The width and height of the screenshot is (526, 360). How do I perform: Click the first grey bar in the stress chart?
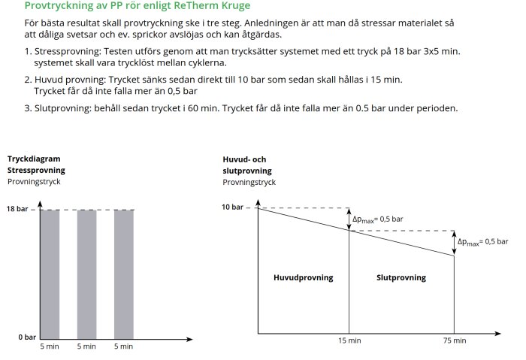point(50,274)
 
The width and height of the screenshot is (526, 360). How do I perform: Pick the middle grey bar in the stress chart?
point(86,274)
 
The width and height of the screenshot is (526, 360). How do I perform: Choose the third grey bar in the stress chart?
point(124,274)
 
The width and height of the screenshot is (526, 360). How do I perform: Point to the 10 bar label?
point(233,207)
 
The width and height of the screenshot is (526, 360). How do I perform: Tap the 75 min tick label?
point(454,341)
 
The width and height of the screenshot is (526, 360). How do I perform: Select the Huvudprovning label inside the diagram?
point(303,277)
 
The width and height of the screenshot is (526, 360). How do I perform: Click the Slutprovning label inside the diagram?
point(401,277)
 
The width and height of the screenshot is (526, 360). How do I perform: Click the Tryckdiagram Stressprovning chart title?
point(34,165)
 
